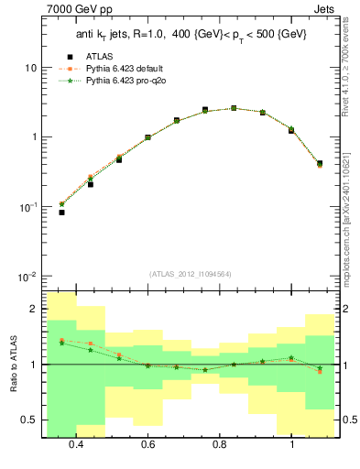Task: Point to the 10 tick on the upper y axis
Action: (30, 69)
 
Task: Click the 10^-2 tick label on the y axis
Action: (27, 277)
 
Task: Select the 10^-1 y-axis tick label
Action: (27, 207)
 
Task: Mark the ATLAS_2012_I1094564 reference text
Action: (190, 274)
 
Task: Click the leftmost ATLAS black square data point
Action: (61, 213)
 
